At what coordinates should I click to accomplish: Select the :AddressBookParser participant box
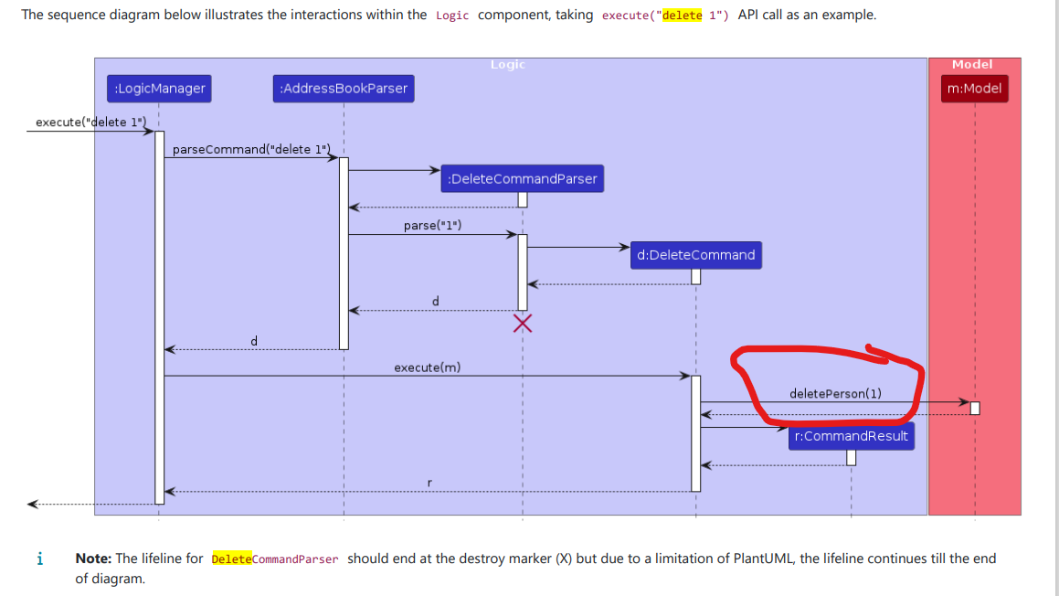coord(344,89)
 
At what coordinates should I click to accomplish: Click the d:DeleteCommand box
coord(695,255)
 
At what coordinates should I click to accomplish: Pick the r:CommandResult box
coord(851,436)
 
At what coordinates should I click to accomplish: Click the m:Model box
coord(974,89)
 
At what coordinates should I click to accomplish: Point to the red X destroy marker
coord(523,322)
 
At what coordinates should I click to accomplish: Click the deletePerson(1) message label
coord(835,394)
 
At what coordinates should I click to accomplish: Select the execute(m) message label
coord(427,367)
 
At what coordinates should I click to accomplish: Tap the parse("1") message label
coord(432,225)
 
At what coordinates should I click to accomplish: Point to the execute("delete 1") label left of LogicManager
coord(90,122)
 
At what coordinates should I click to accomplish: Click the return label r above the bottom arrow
coord(429,482)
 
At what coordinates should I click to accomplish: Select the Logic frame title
coord(508,65)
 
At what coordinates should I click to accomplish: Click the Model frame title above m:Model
coord(972,65)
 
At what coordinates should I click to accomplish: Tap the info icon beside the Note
coord(38,559)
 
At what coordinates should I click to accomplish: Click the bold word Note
coord(92,559)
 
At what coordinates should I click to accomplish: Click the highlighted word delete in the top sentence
coord(683,16)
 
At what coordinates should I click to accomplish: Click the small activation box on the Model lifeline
coord(975,408)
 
